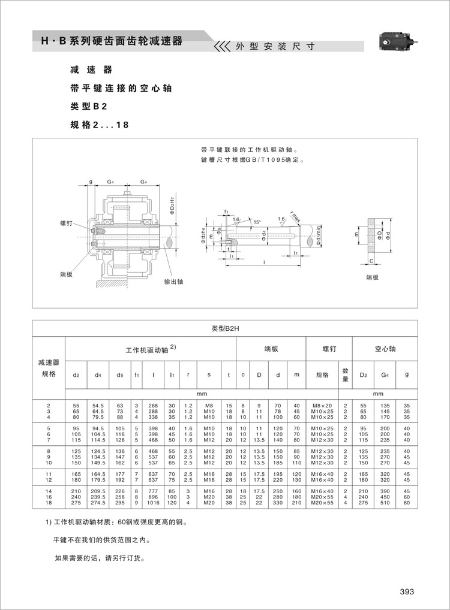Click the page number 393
pos(407,591)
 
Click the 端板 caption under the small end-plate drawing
pos(373,277)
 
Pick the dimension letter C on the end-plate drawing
pos(373,261)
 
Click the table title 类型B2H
pos(224,328)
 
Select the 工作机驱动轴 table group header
pos(149,349)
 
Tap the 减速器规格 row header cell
pos(49,368)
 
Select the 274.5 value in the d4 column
pos(98,502)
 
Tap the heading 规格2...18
pos(99,125)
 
